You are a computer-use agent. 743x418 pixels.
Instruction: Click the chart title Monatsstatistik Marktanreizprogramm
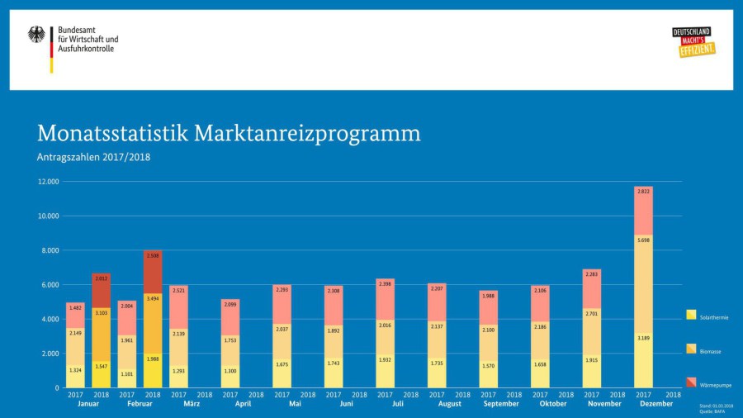tap(229, 134)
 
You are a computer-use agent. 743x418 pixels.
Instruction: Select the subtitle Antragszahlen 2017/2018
tap(93, 156)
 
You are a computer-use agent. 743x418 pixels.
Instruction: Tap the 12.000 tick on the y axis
tap(48, 182)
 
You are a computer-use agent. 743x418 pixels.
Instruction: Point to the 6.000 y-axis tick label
tap(50, 285)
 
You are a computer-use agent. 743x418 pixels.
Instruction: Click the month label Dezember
tap(657, 404)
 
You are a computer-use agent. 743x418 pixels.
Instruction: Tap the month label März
tap(192, 404)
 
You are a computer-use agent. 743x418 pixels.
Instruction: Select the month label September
tap(501, 404)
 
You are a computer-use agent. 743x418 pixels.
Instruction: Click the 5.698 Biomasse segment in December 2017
tap(644, 284)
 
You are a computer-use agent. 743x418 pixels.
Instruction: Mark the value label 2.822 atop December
tap(644, 192)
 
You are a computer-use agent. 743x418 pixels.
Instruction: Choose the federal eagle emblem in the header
tap(37, 35)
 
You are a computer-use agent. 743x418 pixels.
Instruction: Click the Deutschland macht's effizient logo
tap(693, 42)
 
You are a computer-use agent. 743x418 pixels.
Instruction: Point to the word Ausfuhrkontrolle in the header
tap(86, 49)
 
